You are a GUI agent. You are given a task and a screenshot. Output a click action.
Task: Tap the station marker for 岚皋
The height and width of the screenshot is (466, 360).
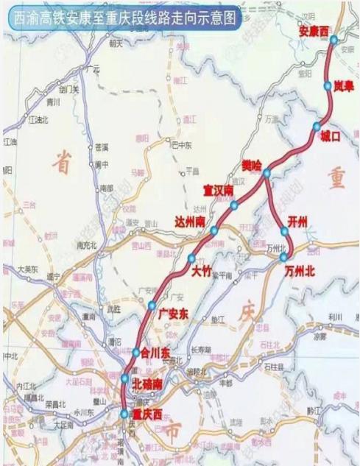[x=328, y=86]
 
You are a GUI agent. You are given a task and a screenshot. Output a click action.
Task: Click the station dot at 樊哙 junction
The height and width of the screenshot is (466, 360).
[x=267, y=173]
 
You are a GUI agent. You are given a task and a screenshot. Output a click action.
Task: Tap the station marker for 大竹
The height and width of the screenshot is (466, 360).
[x=191, y=258]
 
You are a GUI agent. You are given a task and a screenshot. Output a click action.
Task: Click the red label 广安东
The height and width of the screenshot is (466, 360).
[x=174, y=314]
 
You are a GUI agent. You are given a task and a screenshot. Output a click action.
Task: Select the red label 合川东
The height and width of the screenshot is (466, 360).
[x=155, y=353]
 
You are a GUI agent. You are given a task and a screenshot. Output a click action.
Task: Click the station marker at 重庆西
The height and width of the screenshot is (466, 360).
[x=124, y=414]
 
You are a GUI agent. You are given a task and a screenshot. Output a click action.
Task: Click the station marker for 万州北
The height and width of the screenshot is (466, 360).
[x=283, y=258]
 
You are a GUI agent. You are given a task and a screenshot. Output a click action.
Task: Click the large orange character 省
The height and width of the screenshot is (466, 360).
[x=63, y=167]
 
